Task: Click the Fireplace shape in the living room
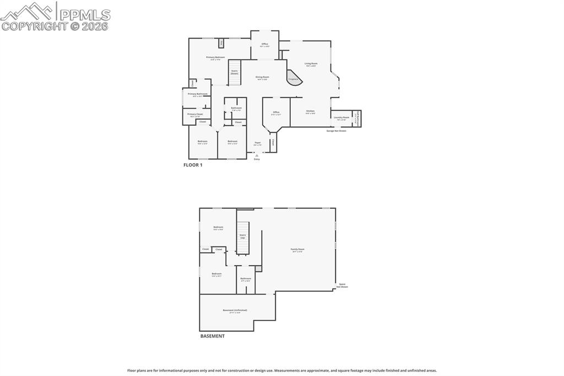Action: click(x=293, y=78)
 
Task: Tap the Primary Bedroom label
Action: click(x=215, y=57)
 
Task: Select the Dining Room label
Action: click(x=262, y=77)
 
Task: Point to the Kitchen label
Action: click(x=311, y=111)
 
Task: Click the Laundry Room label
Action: click(x=341, y=117)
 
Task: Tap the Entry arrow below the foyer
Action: click(x=257, y=156)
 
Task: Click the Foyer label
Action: click(x=257, y=142)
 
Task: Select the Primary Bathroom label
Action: click(x=197, y=94)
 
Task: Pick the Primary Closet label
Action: click(x=196, y=114)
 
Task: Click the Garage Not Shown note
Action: click(x=336, y=131)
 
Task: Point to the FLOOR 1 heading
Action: click(x=193, y=165)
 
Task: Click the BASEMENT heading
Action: click(x=212, y=336)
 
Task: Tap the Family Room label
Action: click(x=297, y=249)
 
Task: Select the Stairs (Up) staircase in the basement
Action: click(x=242, y=237)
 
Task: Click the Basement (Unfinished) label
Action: click(x=235, y=310)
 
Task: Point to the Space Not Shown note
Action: click(x=342, y=285)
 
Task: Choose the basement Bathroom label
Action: click(x=246, y=278)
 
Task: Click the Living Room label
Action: click(x=311, y=63)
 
